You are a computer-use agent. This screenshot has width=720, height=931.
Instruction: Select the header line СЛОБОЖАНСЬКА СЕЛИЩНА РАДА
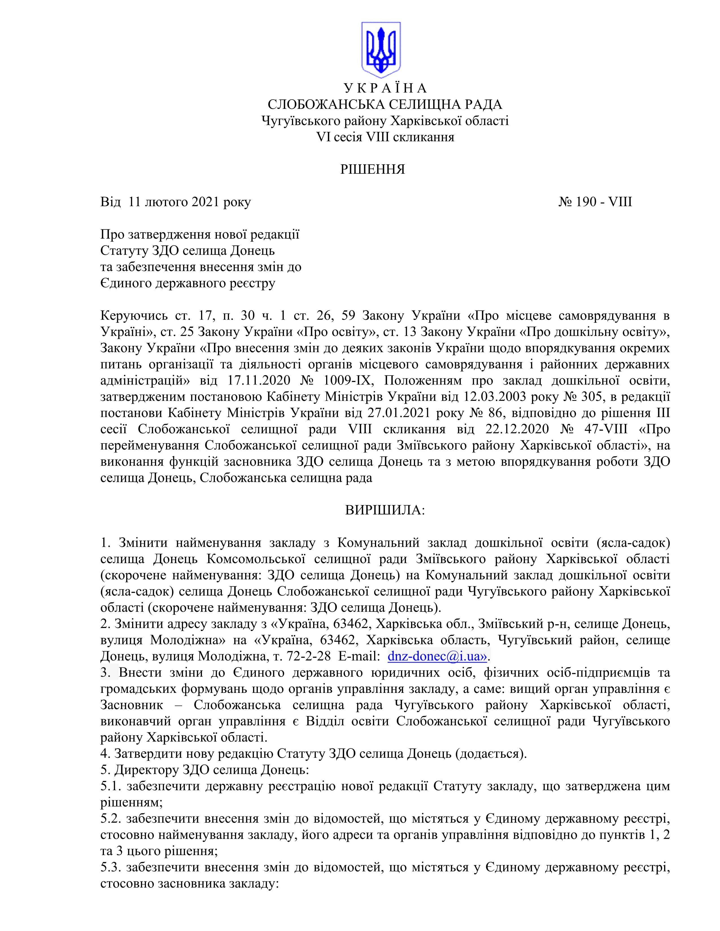coord(385,104)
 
